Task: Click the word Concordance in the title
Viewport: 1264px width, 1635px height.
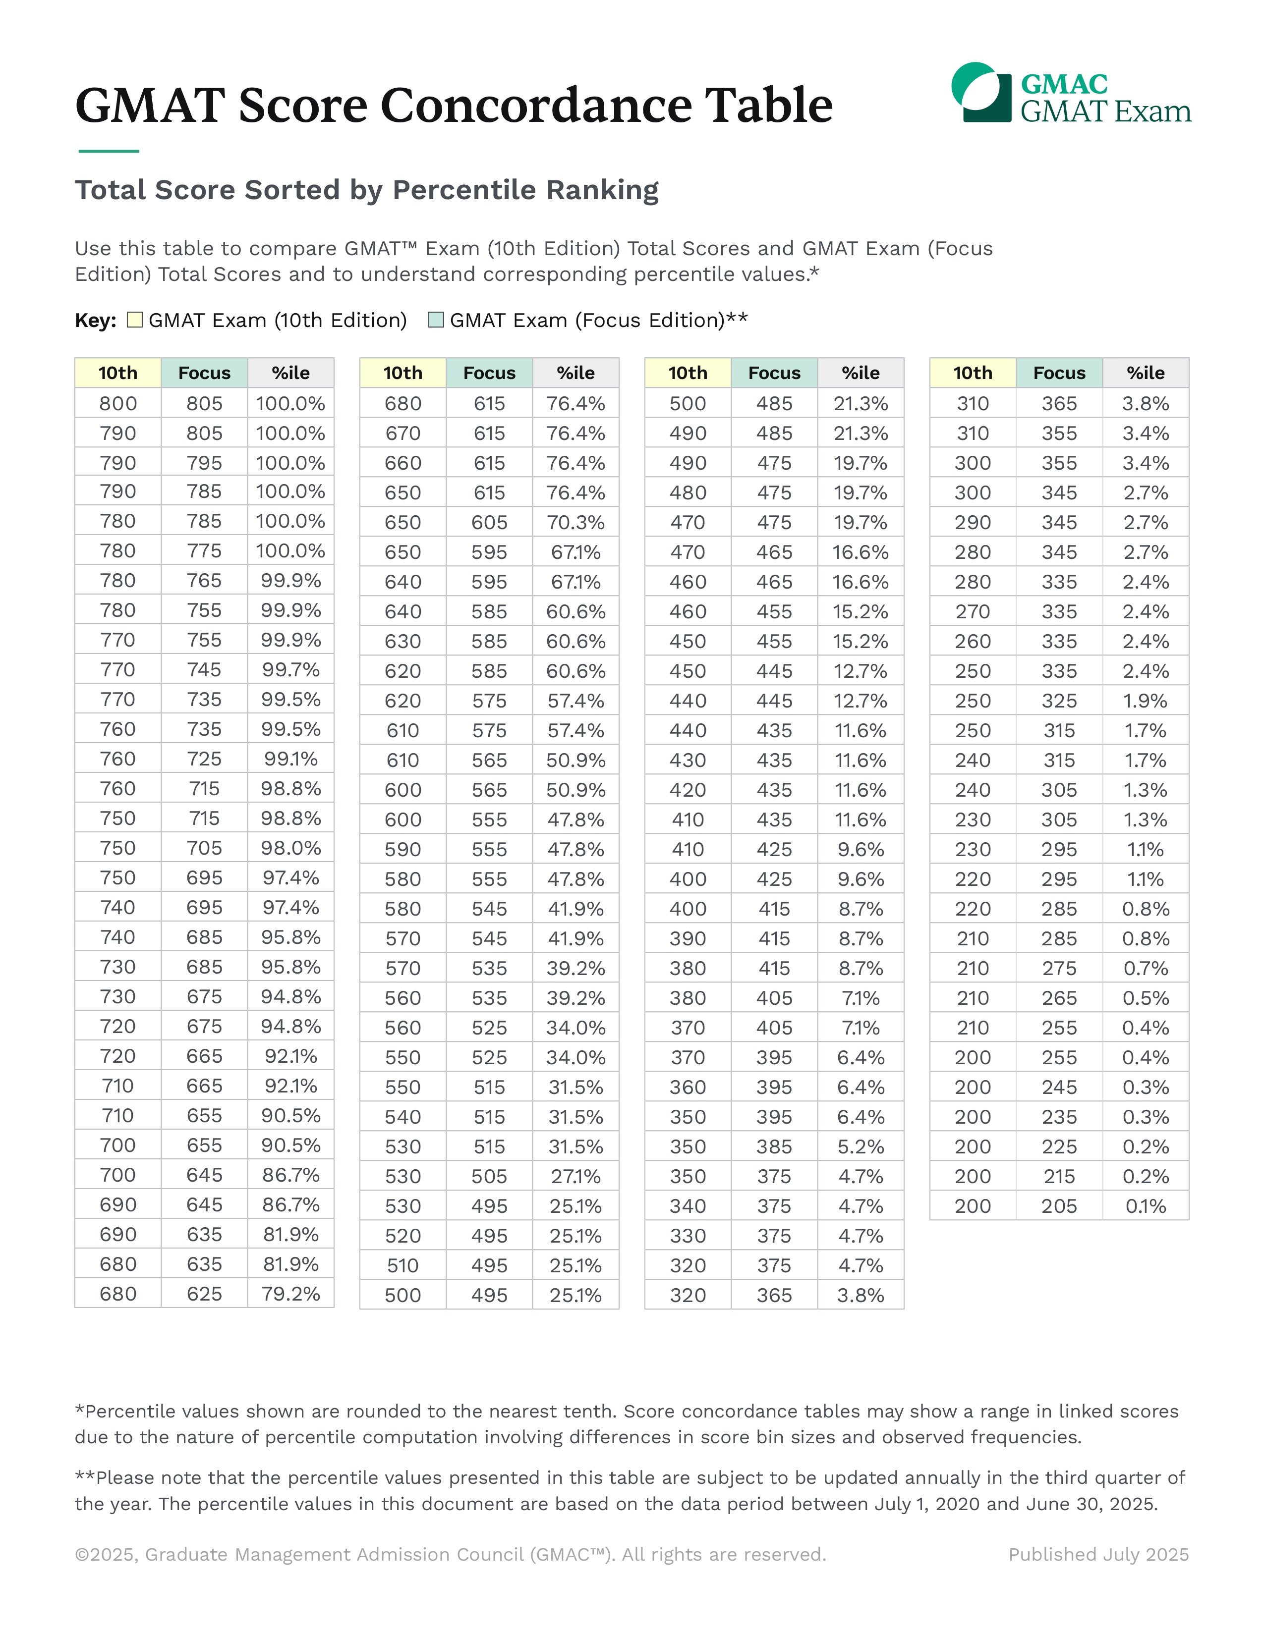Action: tap(536, 105)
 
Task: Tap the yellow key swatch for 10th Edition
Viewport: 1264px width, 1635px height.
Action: tap(135, 321)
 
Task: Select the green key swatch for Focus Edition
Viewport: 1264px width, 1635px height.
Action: tap(436, 321)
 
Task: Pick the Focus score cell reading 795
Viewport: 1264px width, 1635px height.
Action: tap(204, 463)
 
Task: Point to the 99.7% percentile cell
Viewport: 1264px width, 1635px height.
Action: tap(290, 670)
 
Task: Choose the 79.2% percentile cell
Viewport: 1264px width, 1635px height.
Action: tap(290, 1294)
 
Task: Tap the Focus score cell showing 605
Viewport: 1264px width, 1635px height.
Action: tap(489, 523)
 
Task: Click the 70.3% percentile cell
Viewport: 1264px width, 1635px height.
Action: tap(575, 523)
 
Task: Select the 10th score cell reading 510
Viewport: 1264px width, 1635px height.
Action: tap(403, 1265)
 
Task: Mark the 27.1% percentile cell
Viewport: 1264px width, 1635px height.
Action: tap(575, 1176)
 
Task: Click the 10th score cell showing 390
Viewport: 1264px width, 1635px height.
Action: tap(688, 938)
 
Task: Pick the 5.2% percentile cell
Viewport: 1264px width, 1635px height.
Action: tap(861, 1146)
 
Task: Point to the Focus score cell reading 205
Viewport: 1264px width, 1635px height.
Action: tap(1059, 1206)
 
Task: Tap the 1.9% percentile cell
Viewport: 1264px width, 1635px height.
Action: tap(1145, 701)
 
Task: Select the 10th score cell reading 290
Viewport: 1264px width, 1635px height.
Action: tap(973, 523)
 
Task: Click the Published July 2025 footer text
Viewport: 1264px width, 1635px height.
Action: tap(1098, 1555)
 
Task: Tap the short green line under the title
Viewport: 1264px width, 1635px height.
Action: tap(109, 151)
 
